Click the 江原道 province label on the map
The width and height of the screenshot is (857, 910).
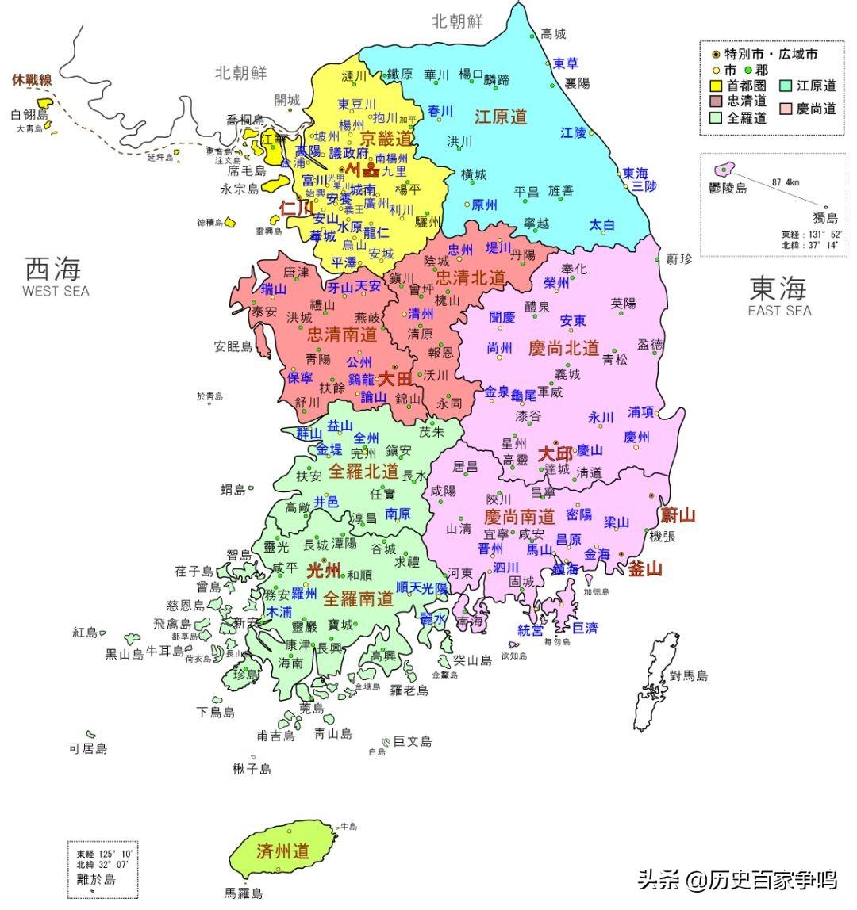[501, 117]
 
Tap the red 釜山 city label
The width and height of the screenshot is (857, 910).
[644, 568]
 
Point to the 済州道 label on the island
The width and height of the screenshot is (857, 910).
[282, 851]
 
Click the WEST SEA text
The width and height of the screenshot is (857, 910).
[56, 291]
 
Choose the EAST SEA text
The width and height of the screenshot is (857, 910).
[779, 310]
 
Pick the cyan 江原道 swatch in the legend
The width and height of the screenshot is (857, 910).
[785, 85]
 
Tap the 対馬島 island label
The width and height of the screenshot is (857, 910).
[688, 675]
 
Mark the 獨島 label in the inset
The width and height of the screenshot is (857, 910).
[824, 217]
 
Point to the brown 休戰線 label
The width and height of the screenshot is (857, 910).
[32, 79]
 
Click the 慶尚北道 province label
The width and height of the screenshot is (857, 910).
[563, 348]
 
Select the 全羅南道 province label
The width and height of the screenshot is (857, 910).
[358, 598]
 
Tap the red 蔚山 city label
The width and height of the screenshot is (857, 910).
[678, 515]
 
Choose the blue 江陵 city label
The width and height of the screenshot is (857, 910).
[573, 132]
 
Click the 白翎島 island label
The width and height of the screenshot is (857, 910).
[29, 115]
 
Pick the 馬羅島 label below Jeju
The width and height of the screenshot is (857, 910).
[244, 893]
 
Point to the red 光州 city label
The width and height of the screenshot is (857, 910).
[324, 570]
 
